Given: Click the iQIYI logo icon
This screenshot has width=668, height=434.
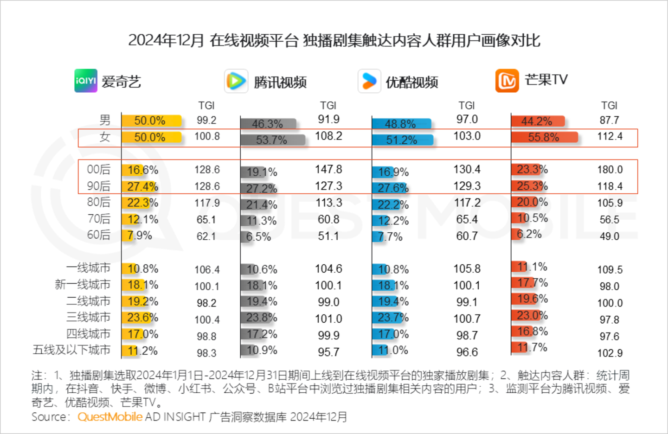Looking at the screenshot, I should click(86, 81).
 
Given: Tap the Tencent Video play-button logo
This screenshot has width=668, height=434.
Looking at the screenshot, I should click(236, 81).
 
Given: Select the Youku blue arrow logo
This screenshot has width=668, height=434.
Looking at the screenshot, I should click(369, 81).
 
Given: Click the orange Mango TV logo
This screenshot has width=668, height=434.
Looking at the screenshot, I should click(507, 81).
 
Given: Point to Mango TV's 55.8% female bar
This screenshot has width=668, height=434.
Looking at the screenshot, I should click(544, 137).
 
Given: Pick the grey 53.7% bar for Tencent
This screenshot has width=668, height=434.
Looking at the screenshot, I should click(272, 140).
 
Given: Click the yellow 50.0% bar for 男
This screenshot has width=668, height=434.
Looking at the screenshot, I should click(151, 121).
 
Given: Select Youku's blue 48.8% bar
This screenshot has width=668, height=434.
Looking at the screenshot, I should click(401, 124).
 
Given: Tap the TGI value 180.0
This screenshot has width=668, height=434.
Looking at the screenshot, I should click(610, 170).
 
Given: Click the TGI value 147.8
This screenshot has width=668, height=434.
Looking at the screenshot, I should click(328, 169).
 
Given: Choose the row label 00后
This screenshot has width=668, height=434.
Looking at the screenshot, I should click(99, 170).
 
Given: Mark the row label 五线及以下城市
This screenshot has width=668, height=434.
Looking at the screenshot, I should click(71, 350).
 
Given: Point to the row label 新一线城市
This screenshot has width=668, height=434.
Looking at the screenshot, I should click(83, 284).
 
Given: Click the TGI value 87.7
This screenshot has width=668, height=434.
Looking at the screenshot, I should click(609, 120).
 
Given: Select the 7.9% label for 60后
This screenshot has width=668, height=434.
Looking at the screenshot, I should click(140, 236).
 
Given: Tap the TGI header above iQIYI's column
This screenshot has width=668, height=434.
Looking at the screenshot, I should click(206, 106).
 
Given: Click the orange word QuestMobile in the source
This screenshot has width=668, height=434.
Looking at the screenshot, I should click(110, 417).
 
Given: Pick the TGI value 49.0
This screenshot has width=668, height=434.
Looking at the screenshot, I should click(609, 236).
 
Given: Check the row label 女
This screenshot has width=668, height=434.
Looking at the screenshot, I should click(105, 137).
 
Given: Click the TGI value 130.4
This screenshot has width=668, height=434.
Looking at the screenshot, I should click(467, 169).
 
